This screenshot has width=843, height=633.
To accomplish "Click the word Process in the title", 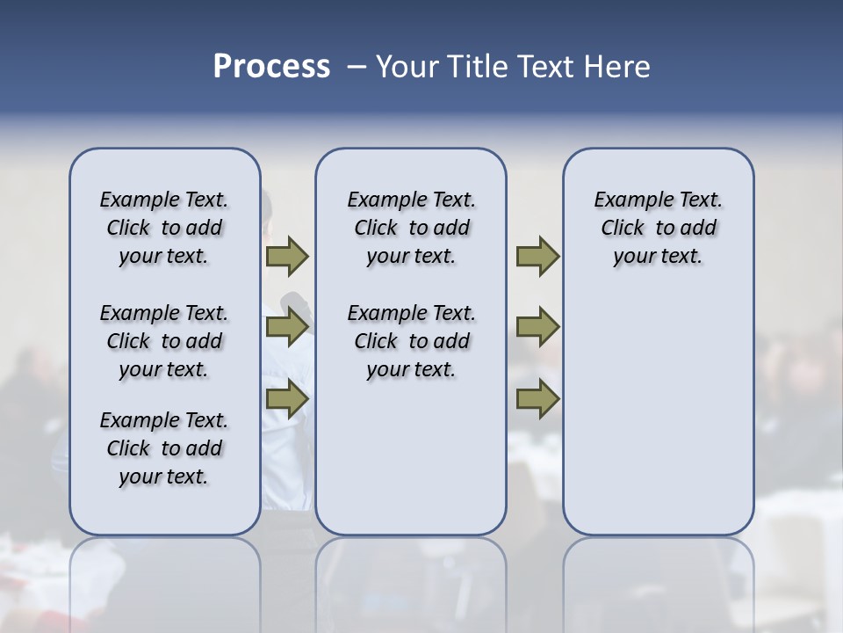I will click(x=271, y=67).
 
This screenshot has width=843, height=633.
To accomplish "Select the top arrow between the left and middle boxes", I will click(x=287, y=256).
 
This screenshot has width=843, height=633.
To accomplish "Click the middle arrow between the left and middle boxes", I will click(x=287, y=327).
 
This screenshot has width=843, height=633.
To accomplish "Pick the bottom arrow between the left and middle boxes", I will click(x=287, y=398).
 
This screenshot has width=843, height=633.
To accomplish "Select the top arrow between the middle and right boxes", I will click(x=537, y=256).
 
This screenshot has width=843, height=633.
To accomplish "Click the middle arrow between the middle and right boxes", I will click(x=537, y=327).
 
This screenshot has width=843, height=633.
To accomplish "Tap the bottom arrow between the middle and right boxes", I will click(x=537, y=398).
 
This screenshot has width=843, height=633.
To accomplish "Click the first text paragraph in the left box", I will click(x=164, y=228).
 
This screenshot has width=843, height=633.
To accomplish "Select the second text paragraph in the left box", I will click(x=164, y=341).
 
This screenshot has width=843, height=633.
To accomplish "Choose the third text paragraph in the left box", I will click(x=164, y=448).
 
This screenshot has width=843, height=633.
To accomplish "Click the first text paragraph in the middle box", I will click(x=411, y=228).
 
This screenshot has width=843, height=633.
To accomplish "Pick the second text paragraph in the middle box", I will click(x=411, y=341).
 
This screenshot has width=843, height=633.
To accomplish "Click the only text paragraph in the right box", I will click(x=658, y=228).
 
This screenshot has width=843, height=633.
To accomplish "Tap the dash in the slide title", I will click(x=357, y=67).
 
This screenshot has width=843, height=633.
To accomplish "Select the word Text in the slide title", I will click(x=548, y=67).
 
